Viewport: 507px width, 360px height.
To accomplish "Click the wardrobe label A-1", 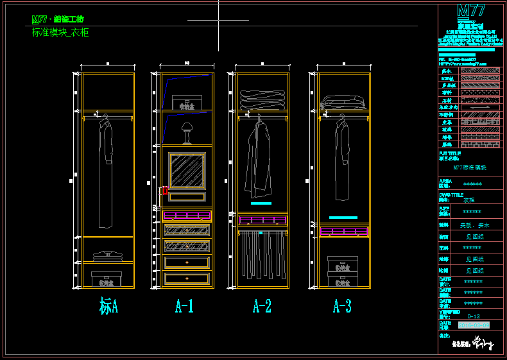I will point(184,306).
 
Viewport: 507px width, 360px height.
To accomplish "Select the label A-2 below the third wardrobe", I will point(262,306).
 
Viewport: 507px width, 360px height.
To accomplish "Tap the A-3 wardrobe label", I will point(342,306).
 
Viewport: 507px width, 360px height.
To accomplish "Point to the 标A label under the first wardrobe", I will point(108,306).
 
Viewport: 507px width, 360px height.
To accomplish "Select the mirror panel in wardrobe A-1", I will point(187,170).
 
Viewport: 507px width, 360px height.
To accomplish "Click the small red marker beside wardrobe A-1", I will point(165,190).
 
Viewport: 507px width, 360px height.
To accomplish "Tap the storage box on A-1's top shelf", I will point(191,103).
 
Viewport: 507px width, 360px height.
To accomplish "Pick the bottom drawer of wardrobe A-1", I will point(187,278).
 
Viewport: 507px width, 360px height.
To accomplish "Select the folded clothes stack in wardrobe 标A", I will point(108,255).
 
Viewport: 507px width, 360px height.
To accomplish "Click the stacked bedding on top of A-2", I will point(262,99).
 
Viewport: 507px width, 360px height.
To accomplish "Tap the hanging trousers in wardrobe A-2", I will point(262,255).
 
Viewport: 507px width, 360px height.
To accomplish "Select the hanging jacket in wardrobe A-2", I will point(260,160).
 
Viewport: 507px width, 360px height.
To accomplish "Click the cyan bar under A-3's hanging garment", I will point(343,218).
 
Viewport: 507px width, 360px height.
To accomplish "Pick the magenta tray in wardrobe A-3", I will point(343,231).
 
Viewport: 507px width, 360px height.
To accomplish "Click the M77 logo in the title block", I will point(471,11).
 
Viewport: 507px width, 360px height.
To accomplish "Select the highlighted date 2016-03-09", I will point(473,325).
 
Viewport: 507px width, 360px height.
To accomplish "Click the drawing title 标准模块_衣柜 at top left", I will point(60,32).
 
